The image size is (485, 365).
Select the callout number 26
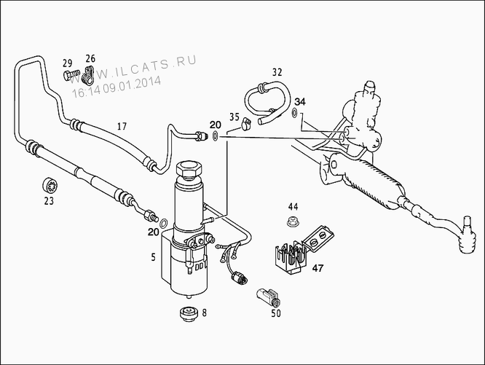(x=90, y=58)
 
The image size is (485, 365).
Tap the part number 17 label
(x=122, y=127)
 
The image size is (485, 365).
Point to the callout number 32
(x=277, y=72)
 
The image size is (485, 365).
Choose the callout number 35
(x=234, y=117)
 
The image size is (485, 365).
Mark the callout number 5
(x=153, y=256)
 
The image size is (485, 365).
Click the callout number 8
(x=204, y=313)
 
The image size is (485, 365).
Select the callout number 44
(x=293, y=207)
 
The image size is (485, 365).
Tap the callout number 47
(x=318, y=268)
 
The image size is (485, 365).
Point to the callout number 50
(x=275, y=314)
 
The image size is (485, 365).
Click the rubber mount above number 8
(x=189, y=315)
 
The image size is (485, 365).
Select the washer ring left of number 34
(x=293, y=113)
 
